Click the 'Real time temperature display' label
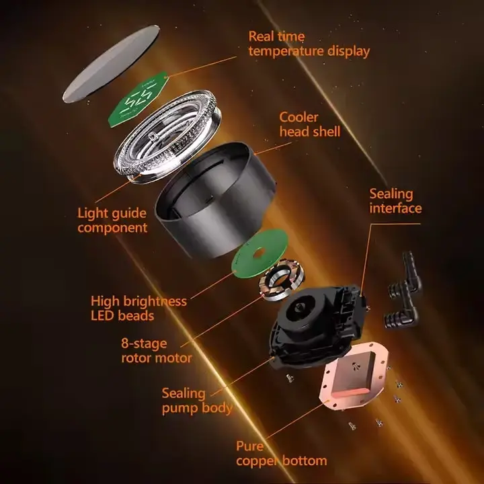[x=309, y=44]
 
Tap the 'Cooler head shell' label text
[x=310, y=124]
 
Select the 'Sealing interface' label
[x=395, y=201]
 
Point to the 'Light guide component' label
[x=112, y=220]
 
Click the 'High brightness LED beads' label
[x=138, y=308]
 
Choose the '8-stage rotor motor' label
[x=157, y=350]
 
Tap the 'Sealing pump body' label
[x=197, y=401]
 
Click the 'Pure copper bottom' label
[x=281, y=454]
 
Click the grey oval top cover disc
[x=112, y=64]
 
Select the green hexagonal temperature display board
[x=138, y=99]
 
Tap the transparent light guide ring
[x=168, y=137]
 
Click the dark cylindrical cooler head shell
[x=216, y=200]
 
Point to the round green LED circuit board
[x=260, y=251]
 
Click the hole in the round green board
[x=259, y=252]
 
